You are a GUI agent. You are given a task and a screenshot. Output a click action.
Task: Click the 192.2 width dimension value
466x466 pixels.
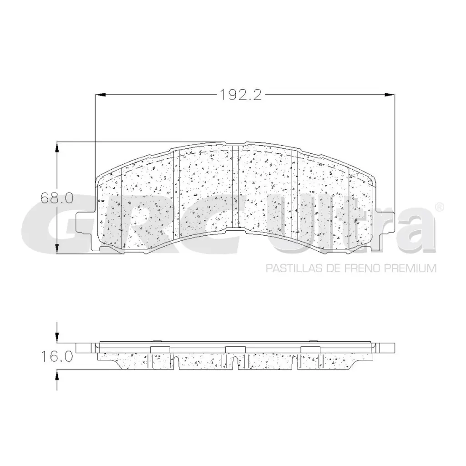click(x=240, y=95)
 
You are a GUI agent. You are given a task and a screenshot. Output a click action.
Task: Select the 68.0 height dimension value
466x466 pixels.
click(x=57, y=198)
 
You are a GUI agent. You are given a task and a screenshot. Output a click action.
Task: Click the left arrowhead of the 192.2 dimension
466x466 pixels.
click(x=100, y=95)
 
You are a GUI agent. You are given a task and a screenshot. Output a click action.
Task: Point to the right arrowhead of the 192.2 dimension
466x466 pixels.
click(x=390, y=95)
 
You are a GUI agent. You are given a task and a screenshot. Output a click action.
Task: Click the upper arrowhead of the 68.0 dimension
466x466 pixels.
click(x=57, y=147)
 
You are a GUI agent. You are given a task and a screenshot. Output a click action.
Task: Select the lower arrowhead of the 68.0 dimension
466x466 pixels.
click(x=57, y=249)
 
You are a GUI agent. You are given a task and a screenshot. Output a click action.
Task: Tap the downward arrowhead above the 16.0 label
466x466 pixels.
click(x=57, y=337)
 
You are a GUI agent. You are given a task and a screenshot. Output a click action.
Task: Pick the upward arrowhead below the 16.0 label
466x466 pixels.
click(x=57, y=375)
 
